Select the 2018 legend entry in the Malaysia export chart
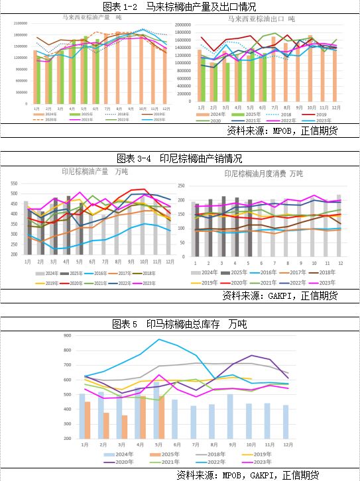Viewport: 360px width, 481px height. point(277,114)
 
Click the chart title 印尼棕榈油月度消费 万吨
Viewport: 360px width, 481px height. point(263,174)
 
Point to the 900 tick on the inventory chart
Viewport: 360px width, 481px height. point(67,336)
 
